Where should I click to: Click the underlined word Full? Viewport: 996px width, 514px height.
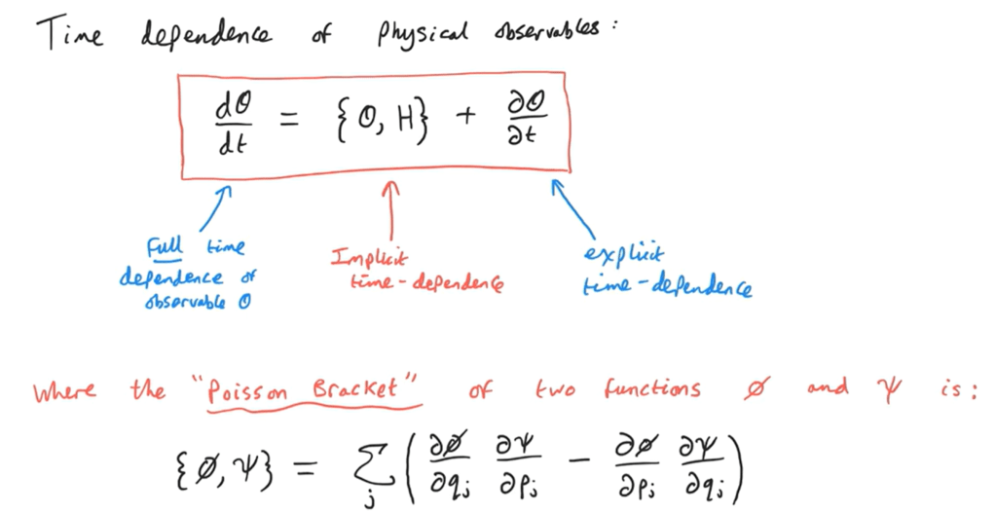pos(164,246)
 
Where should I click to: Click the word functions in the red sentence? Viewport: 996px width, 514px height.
pos(652,389)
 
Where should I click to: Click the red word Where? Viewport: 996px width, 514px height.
pos(64,391)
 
